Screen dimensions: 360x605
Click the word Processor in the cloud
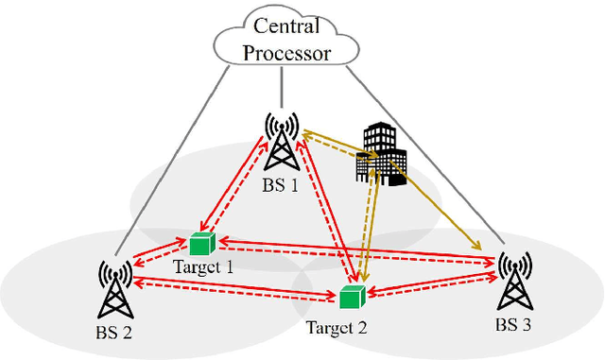pos(286,52)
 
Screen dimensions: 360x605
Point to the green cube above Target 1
pos(200,244)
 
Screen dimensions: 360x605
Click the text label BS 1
pos(280,184)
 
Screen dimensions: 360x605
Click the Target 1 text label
pos(204,266)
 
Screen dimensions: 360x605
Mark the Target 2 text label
pos(337,328)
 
